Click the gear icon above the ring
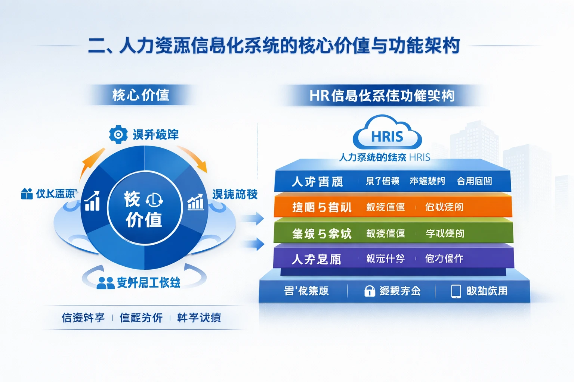[x=118, y=134]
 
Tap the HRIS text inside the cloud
[x=387, y=137]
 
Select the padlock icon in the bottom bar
[x=370, y=291]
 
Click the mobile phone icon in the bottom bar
[x=456, y=291]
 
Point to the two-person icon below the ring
[x=105, y=283]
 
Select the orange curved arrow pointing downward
[x=194, y=159]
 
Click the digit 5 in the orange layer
[x=322, y=207]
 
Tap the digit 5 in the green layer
[x=322, y=234]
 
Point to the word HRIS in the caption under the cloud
[x=420, y=157]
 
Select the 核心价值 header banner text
[x=141, y=95]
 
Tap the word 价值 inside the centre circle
[x=144, y=220]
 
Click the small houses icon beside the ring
[x=27, y=194]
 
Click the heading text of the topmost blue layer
[x=317, y=182]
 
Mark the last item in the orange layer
[x=444, y=207]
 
